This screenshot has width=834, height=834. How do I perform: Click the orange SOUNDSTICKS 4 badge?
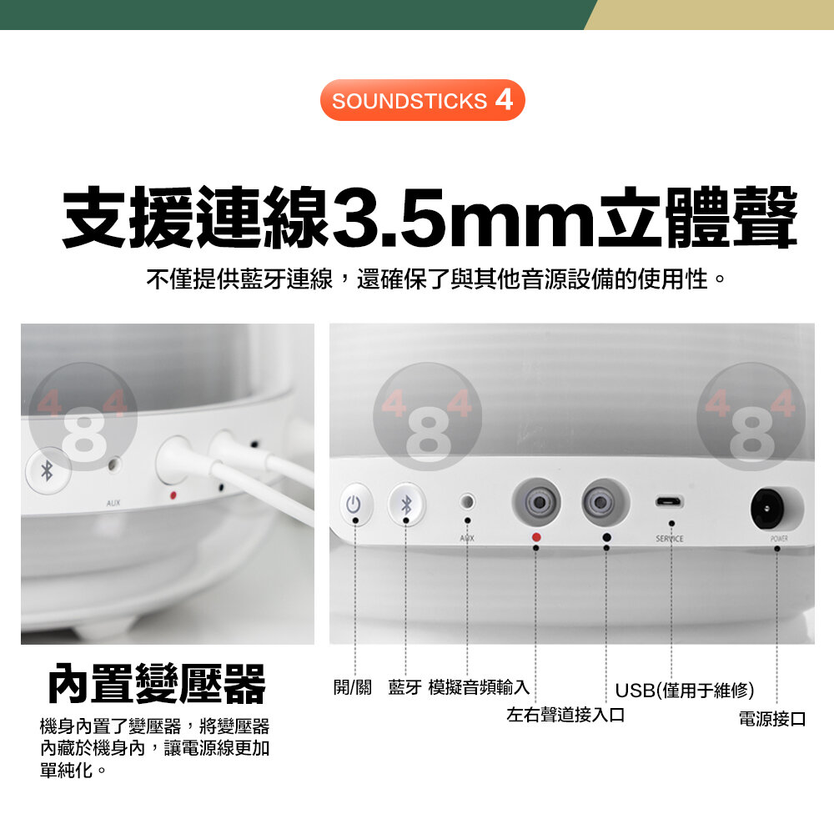coord(422,100)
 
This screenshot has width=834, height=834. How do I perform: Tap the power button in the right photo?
coord(354,503)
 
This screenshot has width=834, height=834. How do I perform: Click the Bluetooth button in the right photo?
coord(406,504)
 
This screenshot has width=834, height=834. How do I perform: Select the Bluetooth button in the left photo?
coord(48,470)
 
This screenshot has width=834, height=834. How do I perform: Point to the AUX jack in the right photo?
coord(466,501)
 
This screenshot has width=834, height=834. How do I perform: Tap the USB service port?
coord(670,501)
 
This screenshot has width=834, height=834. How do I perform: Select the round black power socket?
coord(767,509)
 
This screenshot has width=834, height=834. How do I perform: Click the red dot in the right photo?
coord(536,537)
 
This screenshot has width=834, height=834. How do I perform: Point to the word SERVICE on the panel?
coord(670,539)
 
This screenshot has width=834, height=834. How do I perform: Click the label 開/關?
coord(352,687)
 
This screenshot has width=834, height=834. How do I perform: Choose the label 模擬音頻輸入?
coord(479,687)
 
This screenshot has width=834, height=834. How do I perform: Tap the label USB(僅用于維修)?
coord(685,691)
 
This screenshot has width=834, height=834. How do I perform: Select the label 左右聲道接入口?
coord(565,715)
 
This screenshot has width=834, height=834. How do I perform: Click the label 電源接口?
coord(772,719)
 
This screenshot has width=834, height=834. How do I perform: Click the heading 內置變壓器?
coord(157,684)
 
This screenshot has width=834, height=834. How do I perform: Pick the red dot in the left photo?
coord(173,495)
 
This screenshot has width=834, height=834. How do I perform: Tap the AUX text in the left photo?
coord(113,503)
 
